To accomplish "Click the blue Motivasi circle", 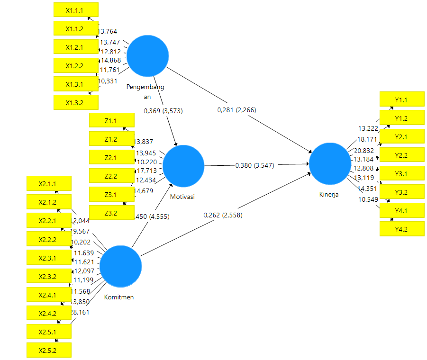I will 183,166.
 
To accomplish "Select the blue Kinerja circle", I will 330,163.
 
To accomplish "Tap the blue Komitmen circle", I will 121,266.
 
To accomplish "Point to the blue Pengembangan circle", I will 148,55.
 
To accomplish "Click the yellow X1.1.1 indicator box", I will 76,9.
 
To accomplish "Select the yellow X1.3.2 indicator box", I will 76,102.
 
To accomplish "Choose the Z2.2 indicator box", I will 112,176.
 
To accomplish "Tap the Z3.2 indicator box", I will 112,213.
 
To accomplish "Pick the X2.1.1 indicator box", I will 49,183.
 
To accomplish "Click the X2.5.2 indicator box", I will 49,350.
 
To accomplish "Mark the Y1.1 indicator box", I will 401,99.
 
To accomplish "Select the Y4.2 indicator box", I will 401,229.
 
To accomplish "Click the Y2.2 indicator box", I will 401,155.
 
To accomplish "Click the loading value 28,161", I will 80,312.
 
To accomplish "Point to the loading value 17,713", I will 146,171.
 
